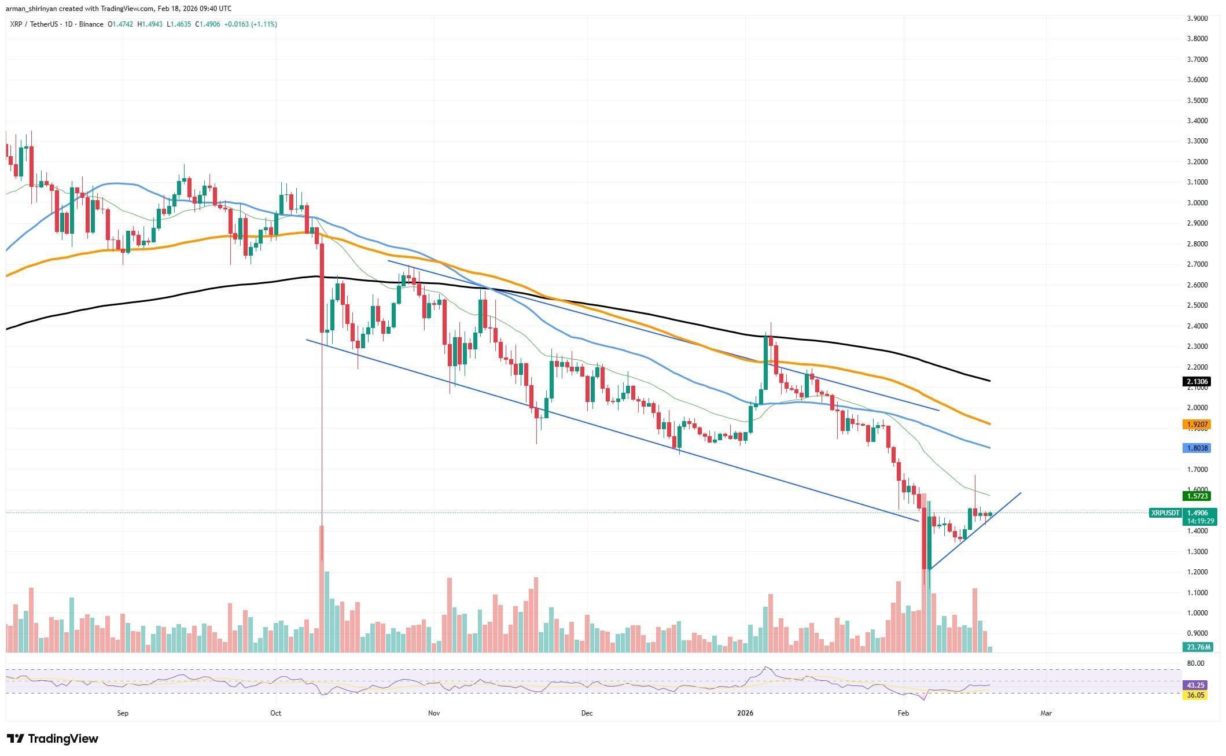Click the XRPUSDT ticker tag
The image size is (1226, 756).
pos(1165,512)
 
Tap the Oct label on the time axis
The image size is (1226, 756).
pos(275,713)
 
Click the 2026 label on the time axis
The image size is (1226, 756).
pos(745,713)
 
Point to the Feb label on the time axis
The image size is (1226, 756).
pos(903,713)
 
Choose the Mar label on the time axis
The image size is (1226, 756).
pos(1045,713)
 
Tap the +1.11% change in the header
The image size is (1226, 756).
pos(264,24)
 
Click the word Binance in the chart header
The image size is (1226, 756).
pos(92,24)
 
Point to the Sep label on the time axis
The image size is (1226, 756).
pos(122,713)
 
